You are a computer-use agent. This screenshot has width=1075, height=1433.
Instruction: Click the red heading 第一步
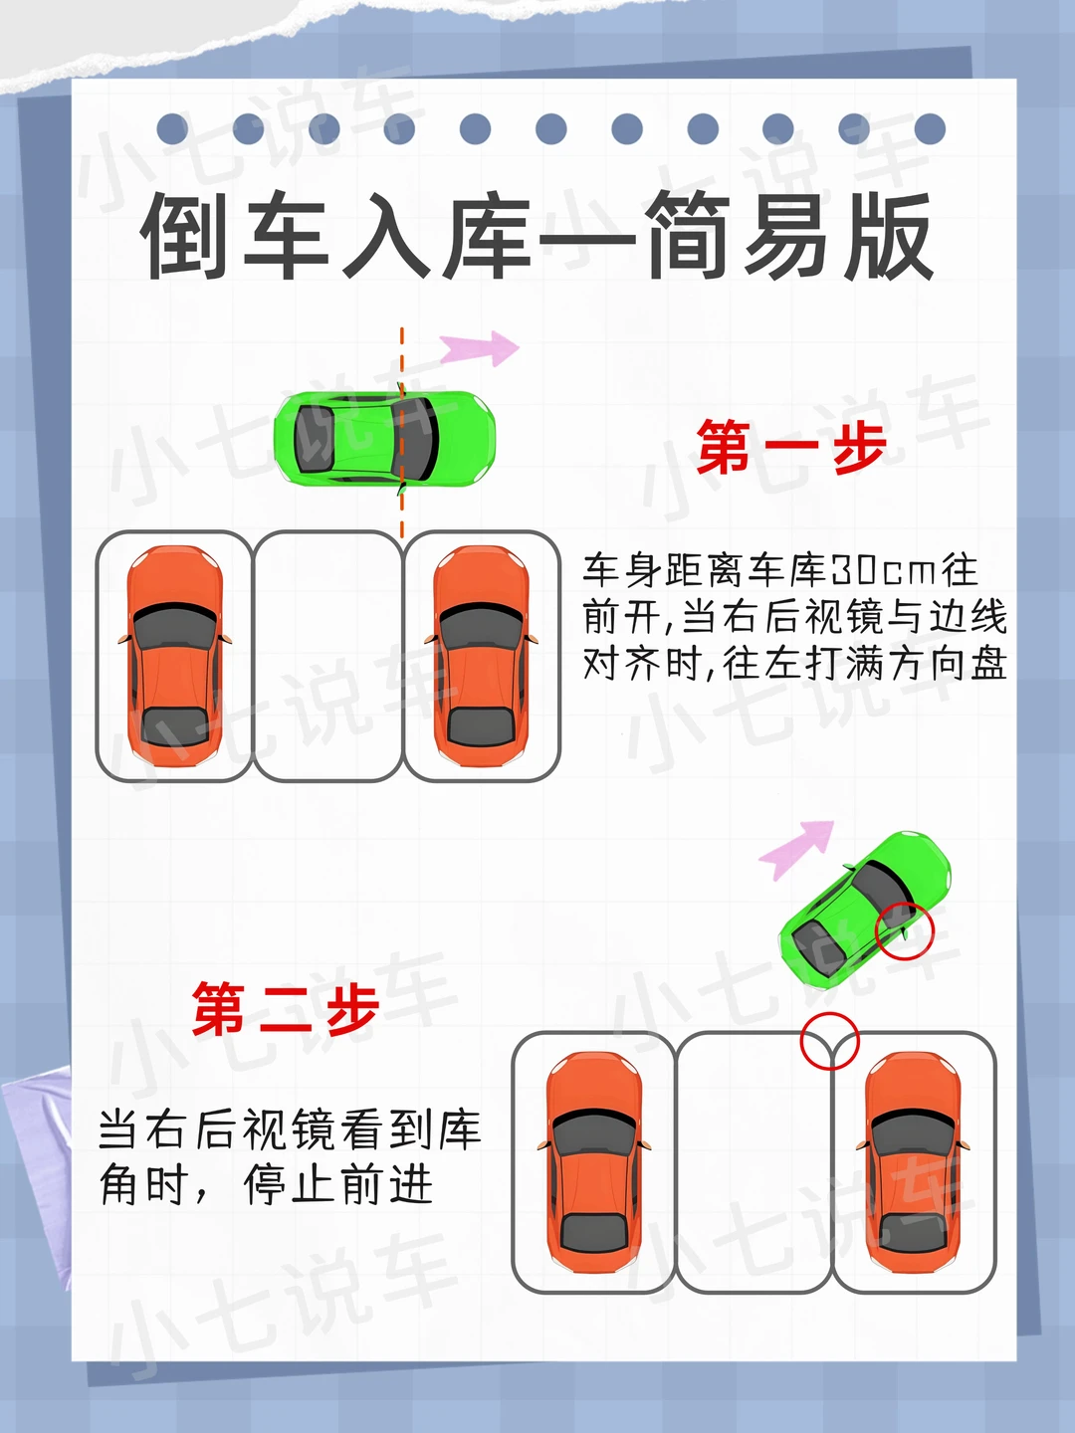click(791, 446)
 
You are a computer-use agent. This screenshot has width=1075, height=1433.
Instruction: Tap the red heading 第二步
click(286, 1009)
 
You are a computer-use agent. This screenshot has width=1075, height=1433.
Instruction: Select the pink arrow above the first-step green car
click(479, 347)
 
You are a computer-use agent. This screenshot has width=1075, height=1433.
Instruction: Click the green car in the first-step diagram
click(384, 440)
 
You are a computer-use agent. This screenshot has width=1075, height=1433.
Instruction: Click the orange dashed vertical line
click(402, 433)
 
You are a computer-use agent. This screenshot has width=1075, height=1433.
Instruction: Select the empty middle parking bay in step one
click(327, 656)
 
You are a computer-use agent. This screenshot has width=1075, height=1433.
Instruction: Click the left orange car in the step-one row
click(174, 655)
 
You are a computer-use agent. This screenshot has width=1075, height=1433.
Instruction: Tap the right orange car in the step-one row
click(481, 655)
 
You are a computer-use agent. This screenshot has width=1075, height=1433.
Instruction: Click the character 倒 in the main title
click(184, 236)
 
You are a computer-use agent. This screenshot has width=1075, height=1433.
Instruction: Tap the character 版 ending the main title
click(889, 236)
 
